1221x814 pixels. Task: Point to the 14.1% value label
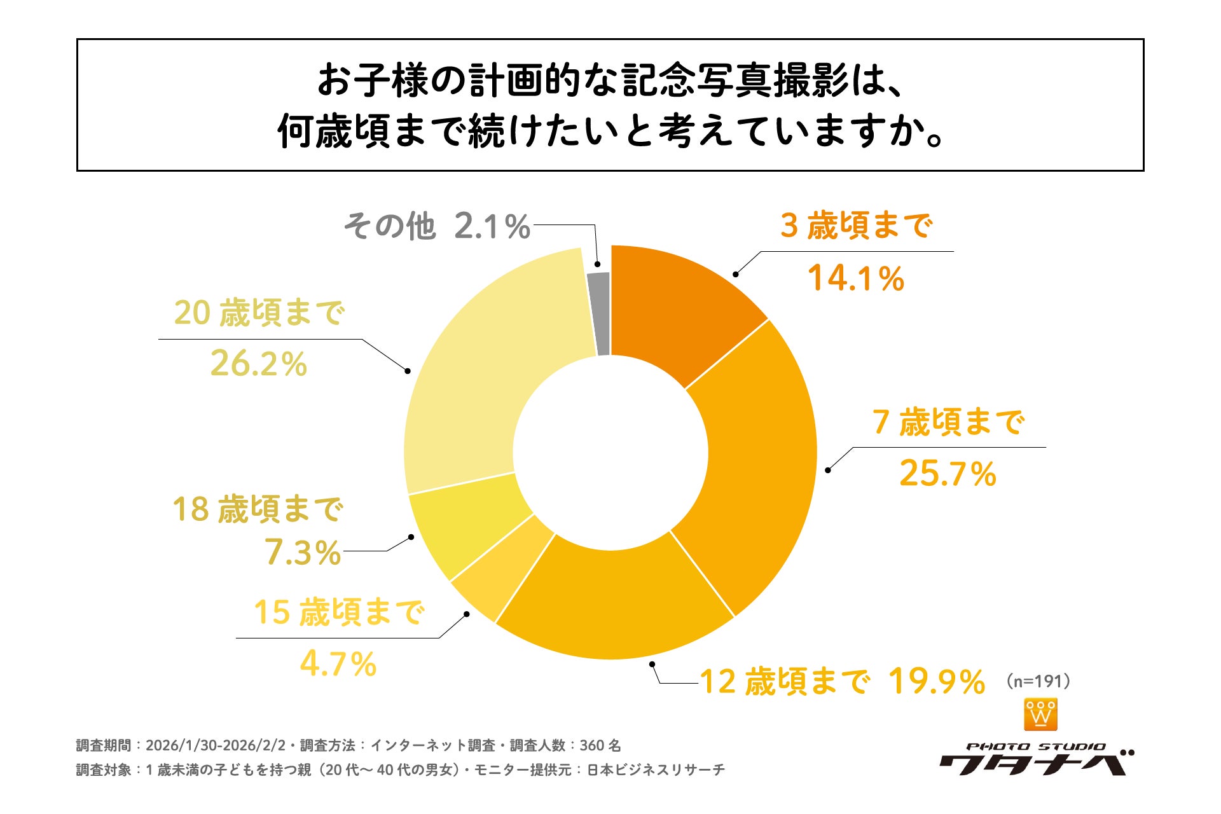tap(855, 279)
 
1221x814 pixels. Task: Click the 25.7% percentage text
tap(948, 474)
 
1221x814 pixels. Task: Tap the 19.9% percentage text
tap(937, 682)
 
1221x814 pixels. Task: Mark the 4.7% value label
tap(338, 665)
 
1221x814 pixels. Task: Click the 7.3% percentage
tap(303, 552)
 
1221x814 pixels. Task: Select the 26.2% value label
tap(259, 364)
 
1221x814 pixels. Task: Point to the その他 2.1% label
tap(437, 226)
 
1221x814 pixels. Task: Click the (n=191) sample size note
tap(1038, 681)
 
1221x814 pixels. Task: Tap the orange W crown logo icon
tap(1040, 714)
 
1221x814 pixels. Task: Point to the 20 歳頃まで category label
tap(259, 313)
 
